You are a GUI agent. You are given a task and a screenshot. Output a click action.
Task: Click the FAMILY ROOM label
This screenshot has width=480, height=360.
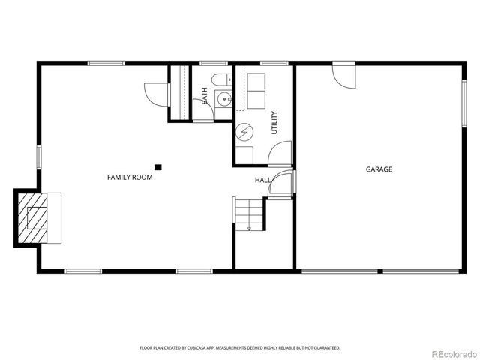point(130,178)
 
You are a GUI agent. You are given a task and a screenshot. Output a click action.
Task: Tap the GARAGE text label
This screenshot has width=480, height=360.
point(379,169)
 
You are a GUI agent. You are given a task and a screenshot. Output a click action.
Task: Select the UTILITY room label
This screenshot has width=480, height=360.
point(274,122)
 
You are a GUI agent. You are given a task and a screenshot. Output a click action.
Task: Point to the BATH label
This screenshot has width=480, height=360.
point(205,95)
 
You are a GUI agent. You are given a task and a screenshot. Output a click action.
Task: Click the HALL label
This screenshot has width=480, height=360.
point(262,181)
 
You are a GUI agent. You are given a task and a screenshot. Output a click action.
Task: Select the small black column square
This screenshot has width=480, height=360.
point(157,167)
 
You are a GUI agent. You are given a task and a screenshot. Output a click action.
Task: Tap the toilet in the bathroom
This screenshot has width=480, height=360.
point(218,79)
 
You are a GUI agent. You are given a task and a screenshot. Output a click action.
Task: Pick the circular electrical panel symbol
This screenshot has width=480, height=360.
point(244,133)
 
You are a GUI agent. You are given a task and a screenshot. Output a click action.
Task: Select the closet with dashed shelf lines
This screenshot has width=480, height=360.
point(179,92)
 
